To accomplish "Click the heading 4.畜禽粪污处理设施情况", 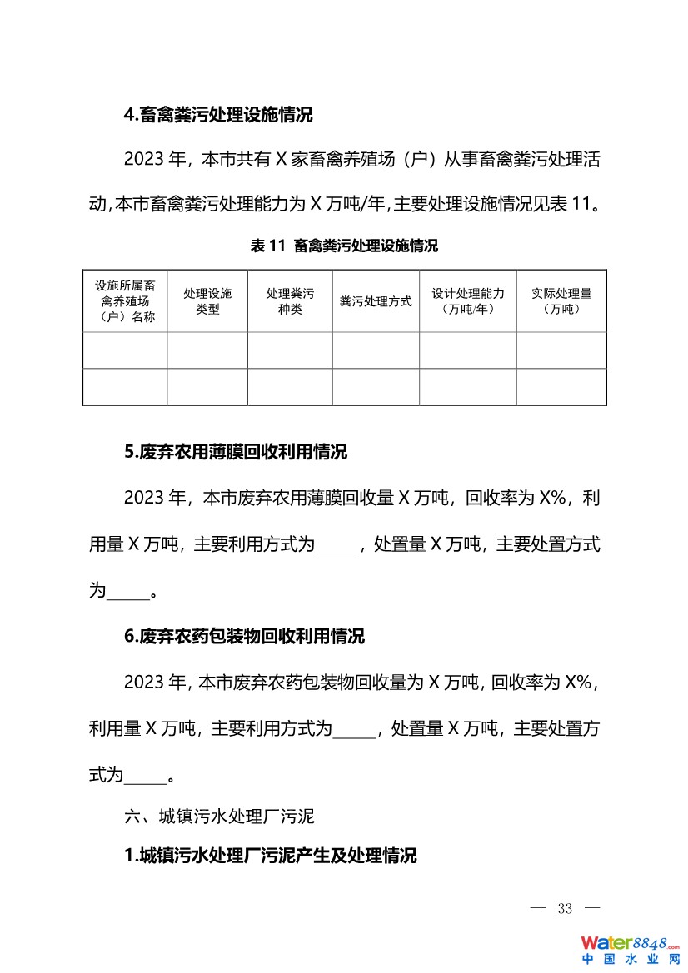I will tap(218, 116).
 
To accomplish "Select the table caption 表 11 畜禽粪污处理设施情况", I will tap(344, 246).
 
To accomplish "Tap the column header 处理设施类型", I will tap(207, 301).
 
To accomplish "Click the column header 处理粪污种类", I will tap(290, 301).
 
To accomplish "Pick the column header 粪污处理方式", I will tap(376, 301).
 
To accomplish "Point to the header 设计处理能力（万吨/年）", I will tap(468, 301).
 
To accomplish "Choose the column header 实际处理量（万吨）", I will tap(561, 301).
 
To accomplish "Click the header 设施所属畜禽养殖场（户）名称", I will tap(125, 301).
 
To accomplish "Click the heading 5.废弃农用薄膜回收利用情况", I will tap(236, 452).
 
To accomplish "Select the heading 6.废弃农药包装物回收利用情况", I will tap(244, 637).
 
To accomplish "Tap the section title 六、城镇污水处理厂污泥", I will tap(219, 817).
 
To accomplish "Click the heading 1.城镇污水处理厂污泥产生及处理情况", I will tap(270, 856).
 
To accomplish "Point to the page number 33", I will tap(566, 908).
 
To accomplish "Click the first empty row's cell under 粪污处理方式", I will tap(376, 350).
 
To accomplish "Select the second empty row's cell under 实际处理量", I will tap(561, 387).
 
